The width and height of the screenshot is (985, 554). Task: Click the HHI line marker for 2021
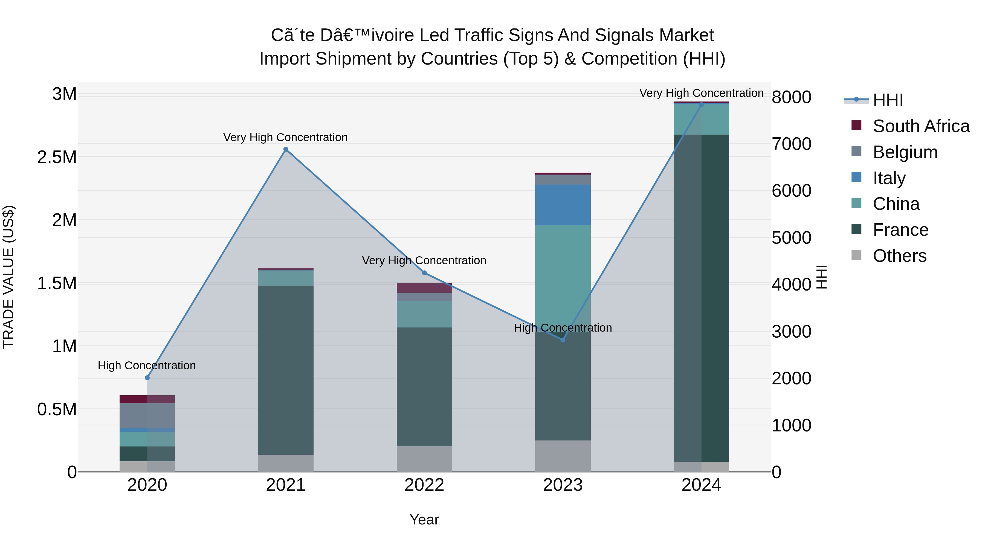click(x=286, y=149)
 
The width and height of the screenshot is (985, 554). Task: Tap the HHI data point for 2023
click(x=563, y=340)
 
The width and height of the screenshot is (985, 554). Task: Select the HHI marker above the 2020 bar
click(x=147, y=378)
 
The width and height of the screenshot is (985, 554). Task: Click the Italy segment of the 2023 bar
click(x=563, y=205)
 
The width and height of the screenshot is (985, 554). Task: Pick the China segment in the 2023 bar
click(x=563, y=278)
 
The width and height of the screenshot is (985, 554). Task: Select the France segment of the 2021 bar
click(x=286, y=370)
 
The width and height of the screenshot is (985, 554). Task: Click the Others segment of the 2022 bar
click(x=424, y=459)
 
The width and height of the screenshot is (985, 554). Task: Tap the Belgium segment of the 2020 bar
click(x=147, y=416)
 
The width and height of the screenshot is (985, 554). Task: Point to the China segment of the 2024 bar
click(x=701, y=119)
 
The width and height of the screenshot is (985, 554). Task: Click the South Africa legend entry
click(x=921, y=126)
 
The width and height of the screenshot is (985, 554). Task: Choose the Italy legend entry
click(x=889, y=178)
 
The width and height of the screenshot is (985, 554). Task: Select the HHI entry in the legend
click(x=888, y=100)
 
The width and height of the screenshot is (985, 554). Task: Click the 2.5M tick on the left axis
click(x=57, y=157)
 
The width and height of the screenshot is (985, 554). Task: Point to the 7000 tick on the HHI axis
click(x=791, y=144)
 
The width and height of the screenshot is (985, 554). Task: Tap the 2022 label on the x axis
click(x=424, y=485)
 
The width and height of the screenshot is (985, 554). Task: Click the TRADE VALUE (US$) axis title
click(x=8, y=277)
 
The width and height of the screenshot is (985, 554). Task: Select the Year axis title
click(x=424, y=520)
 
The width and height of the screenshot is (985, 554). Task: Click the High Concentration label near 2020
click(x=147, y=366)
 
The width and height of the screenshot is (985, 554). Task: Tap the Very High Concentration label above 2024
click(x=701, y=93)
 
